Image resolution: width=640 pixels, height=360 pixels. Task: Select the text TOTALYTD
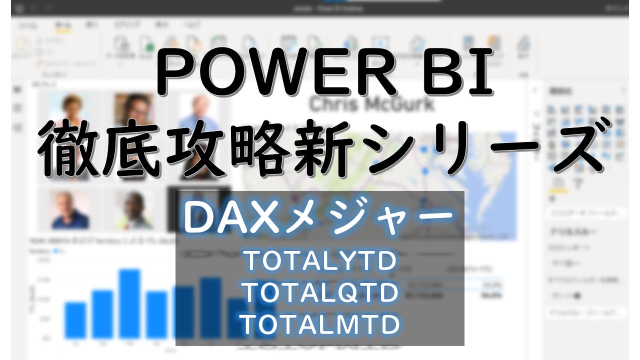pyautogui.click(x=320, y=261)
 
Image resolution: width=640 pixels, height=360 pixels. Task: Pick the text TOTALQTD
pyautogui.click(x=320, y=292)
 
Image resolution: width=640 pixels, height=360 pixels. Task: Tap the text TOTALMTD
pyautogui.click(x=320, y=323)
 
